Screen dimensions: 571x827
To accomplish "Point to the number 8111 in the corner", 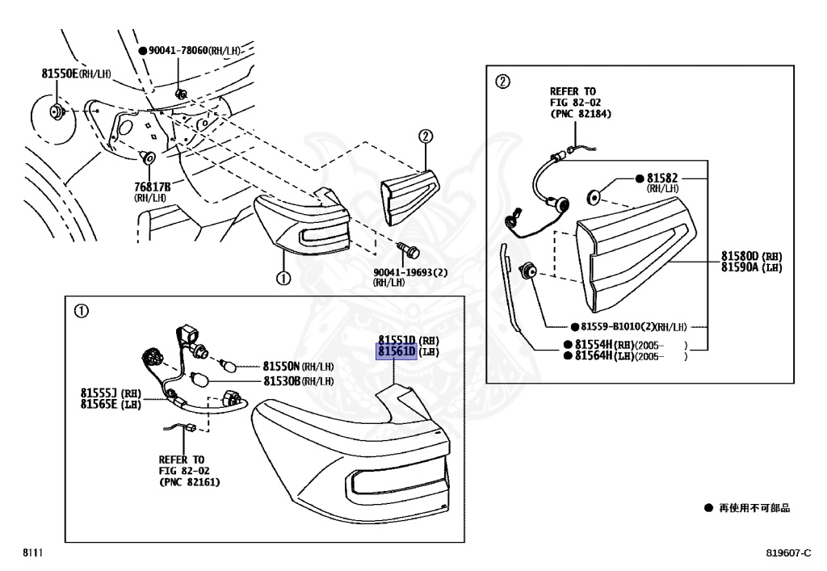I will (x=31, y=553).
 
